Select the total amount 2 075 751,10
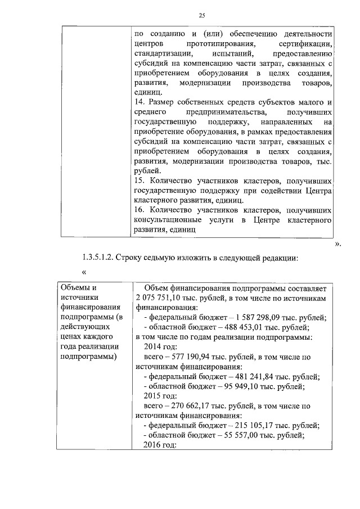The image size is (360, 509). tap(161, 298)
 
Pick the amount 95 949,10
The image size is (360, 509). tap(237, 386)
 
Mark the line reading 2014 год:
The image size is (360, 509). tap(161, 347)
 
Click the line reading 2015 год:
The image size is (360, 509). tap(161, 397)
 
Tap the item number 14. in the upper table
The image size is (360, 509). tap(141, 102)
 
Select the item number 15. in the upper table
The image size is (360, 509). tap(141, 181)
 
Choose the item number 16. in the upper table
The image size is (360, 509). tap(141, 210)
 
